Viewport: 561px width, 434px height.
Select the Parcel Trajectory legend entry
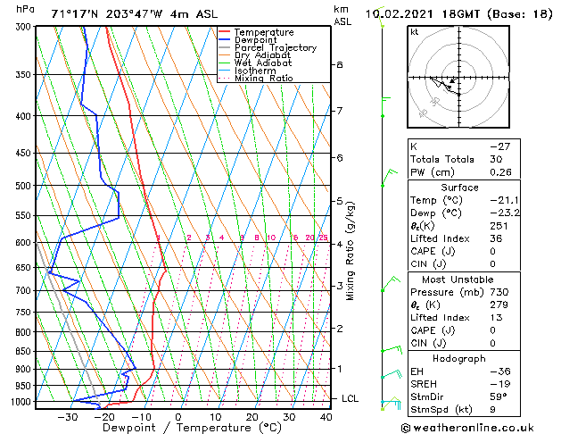point(275,48)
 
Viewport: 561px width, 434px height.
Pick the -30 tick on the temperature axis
point(67,417)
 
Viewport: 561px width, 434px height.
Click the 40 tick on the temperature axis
point(326,417)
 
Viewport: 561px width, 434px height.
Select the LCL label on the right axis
point(350,398)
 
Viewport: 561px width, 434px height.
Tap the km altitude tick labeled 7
point(339,111)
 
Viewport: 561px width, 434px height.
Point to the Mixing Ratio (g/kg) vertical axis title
point(351,251)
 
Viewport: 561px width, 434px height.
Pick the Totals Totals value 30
point(497,159)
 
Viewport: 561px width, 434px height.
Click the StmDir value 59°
point(499,396)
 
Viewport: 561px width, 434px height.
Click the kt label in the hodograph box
point(415,32)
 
